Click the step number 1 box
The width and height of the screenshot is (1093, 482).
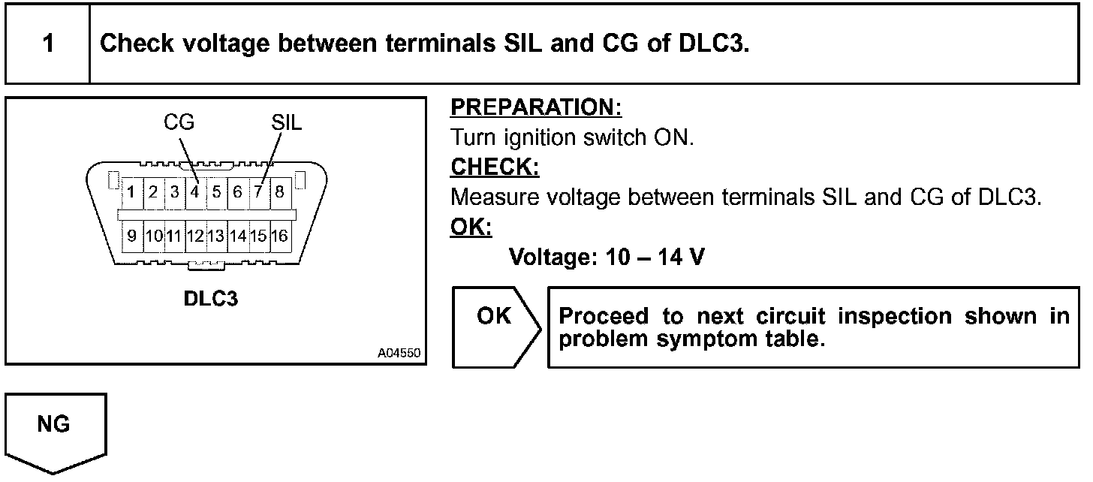coord(47,44)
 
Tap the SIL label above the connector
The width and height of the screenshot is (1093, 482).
coord(286,122)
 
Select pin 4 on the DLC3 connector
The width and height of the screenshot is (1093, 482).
coord(194,191)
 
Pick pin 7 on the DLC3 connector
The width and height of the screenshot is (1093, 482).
coord(257,191)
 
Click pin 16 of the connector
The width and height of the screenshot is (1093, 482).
coord(279,236)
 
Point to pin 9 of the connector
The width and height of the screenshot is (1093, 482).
coord(131,236)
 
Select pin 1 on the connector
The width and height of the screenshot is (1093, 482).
coord(131,191)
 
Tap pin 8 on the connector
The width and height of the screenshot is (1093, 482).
coord(279,191)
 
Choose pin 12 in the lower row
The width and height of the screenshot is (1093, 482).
coord(194,236)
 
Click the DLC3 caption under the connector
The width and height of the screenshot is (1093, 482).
coord(211,299)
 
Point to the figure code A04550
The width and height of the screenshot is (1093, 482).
coord(399,352)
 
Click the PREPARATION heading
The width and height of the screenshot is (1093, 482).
coord(536,108)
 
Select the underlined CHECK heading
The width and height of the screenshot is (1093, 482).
coord(495,167)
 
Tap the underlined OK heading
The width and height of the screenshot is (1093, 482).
coord(471,227)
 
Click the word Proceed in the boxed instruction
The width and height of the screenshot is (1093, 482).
coord(605,316)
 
